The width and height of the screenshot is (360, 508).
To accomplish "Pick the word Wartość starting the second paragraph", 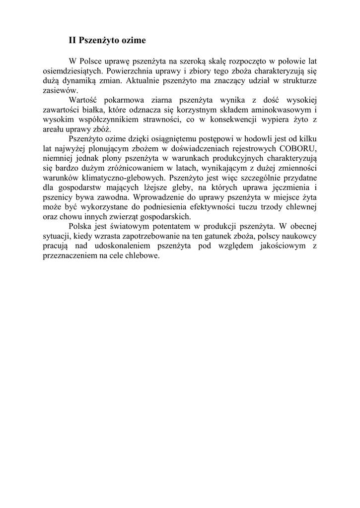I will (85, 100).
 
